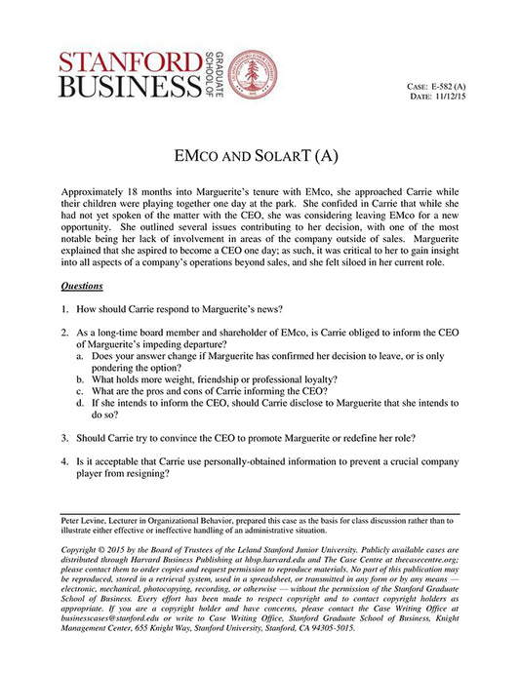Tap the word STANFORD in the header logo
click(x=120, y=61)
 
